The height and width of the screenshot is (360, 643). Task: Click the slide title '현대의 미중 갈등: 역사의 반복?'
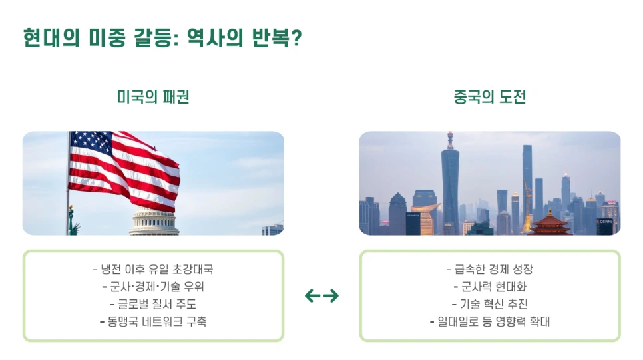[x=162, y=38]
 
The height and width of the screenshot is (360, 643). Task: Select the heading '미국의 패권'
[x=153, y=97]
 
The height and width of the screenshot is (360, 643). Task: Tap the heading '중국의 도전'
[x=490, y=97]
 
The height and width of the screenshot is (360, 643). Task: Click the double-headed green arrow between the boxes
[x=322, y=295]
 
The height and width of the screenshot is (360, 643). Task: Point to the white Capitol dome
[x=154, y=222]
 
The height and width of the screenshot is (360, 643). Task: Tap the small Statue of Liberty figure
[x=73, y=221]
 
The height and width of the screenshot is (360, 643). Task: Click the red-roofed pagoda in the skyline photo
[x=550, y=224]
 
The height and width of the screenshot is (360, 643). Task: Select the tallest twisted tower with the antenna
[x=450, y=182]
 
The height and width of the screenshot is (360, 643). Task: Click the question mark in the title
[x=296, y=38]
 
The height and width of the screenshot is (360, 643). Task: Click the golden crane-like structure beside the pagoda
[x=527, y=207]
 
